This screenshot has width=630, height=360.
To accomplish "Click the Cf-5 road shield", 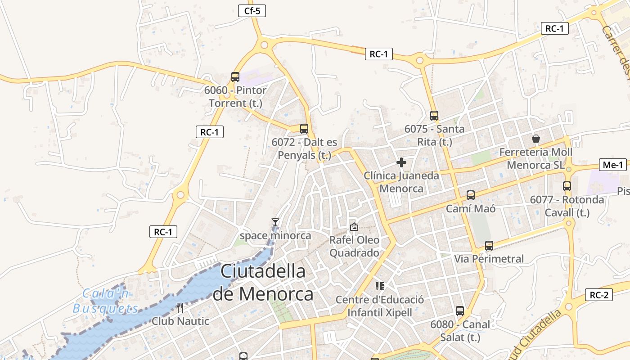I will tap(252, 11).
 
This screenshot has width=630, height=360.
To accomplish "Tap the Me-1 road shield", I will tap(613, 165).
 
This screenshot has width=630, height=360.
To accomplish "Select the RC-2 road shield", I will tap(599, 295).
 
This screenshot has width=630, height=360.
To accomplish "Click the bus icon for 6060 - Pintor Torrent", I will tap(235, 77).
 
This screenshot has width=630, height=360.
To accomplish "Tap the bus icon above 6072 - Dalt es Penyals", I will tap(304, 129).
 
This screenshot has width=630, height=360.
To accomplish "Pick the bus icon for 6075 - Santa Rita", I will tap(434, 116).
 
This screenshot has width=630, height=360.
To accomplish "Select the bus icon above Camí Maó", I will tap(471, 195).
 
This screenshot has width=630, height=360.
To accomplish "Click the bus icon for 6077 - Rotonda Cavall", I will tap(567, 186).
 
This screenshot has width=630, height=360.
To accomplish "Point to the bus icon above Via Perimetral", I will tap(489, 246).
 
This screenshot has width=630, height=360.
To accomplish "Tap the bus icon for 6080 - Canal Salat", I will tap(460, 311).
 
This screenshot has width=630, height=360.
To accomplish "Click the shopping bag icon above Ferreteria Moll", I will tap(536, 139).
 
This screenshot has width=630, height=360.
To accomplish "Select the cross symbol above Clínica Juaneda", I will tap(401, 162).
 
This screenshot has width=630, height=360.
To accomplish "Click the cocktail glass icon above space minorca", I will tap(275, 222).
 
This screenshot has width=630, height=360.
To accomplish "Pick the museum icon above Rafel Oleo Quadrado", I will tap(354, 227).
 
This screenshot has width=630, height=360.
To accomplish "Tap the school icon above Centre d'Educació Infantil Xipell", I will tap(380, 286).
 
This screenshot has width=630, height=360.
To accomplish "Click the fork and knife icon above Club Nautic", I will tap(180, 308).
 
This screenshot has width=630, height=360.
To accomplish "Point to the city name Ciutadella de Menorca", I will tap(263, 283).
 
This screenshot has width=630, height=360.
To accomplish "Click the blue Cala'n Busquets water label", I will tap(106, 301).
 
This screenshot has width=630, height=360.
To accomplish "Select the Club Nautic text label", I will tap(180, 321).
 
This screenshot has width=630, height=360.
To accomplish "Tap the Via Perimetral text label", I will tap(489, 259).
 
